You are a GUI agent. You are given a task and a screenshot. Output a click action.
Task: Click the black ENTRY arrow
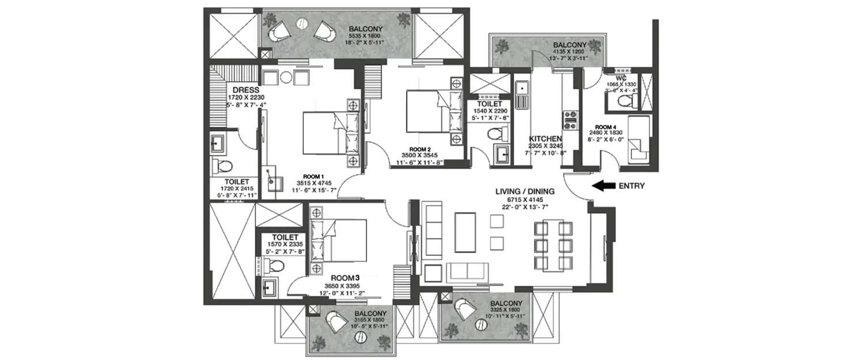pos(602,185)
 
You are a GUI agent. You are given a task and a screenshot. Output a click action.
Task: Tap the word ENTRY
pos(631,185)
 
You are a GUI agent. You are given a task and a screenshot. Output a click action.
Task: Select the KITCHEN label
pos(546,139)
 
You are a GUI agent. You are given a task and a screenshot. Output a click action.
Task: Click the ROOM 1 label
pos(315,177)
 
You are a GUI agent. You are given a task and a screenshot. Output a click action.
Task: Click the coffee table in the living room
pos(465,232)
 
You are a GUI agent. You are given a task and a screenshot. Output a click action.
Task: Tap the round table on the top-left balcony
pos(301,24)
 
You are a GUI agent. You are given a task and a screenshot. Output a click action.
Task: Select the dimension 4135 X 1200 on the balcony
pos(570,51)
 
